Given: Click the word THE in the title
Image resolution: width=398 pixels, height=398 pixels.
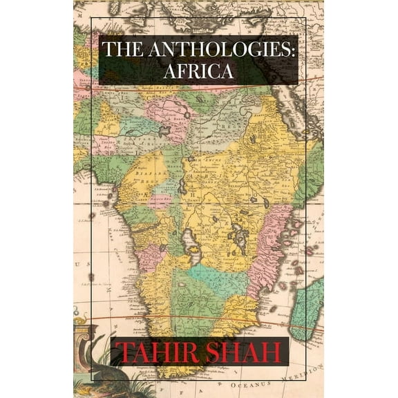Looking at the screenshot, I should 122,50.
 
